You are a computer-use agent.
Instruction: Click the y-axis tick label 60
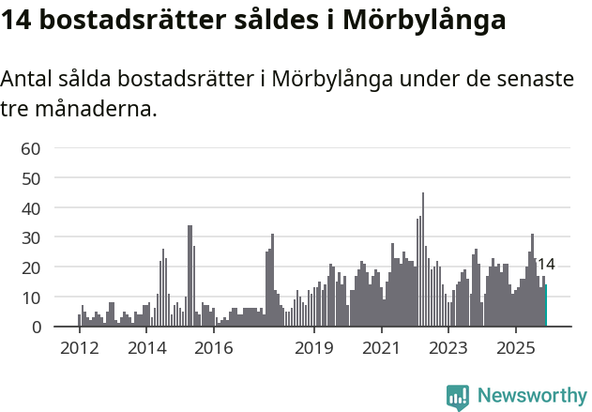click(31, 148)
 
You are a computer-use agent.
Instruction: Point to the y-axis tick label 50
click(31, 178)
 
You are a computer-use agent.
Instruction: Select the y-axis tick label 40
click(31, 207)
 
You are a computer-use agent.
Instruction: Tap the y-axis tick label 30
click(31, 237)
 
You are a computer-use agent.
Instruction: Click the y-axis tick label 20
click(31, 267)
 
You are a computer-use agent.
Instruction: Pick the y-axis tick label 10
click(31, 298)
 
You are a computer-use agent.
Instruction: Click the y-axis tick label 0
click(36, 328)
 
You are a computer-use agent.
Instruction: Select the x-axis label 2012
click(79, 348)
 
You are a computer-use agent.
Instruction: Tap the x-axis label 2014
click(146, 348)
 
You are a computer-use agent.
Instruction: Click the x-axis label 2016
click(214, 348)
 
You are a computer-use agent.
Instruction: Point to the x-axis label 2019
click(313, 348)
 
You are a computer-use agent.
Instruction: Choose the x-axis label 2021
click(381, 348)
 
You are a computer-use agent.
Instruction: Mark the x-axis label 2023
click(448, 348)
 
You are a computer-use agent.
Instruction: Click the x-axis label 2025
click(515, 348)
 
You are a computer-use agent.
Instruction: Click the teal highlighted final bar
click(546, 306)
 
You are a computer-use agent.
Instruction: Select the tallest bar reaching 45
click(423, 260)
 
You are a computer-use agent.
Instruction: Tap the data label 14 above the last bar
click(546, 265)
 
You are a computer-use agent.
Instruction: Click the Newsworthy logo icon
click(458, 397)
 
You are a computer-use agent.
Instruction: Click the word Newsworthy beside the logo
click(532, 396)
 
